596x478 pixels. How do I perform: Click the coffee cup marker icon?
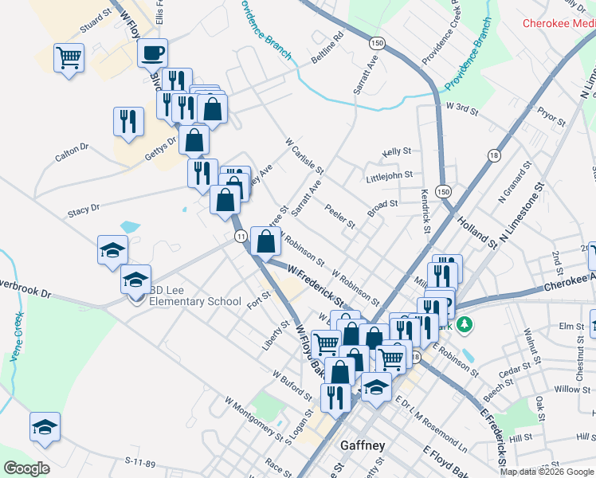click(152, 53)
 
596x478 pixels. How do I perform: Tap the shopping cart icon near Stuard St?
click(69, 58)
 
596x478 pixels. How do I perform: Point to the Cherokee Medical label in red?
click(559, 23)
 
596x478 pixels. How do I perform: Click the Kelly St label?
click(396, 151)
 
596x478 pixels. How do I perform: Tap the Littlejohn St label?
click(390, 175)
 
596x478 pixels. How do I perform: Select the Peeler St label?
click(340, 216)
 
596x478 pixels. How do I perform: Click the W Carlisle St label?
click(304, 155)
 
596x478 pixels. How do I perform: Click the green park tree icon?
click(466, 325)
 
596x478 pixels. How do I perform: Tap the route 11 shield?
click(240, 236)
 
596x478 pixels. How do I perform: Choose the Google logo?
click(26, 468)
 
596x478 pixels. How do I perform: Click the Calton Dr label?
click(72, 151)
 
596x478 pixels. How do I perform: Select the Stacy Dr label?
click(83, 210)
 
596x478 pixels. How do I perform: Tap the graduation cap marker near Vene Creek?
click(45, 427)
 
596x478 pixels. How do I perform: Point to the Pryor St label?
click(551, 116)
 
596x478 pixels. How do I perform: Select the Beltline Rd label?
click(327, 49)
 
